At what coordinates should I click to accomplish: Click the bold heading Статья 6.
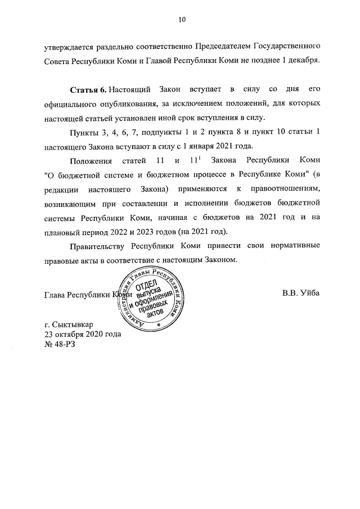tap(88, 91)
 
